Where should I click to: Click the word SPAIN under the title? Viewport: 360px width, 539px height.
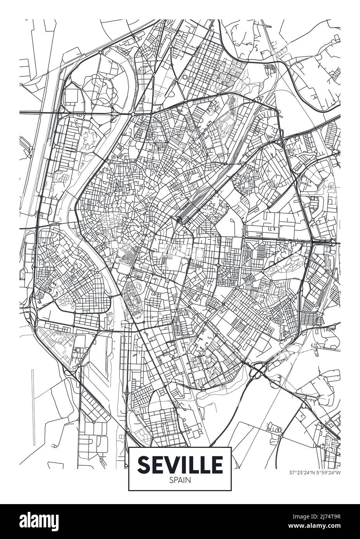tap(180, 479)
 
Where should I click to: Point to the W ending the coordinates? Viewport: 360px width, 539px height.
tap(339, 473)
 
